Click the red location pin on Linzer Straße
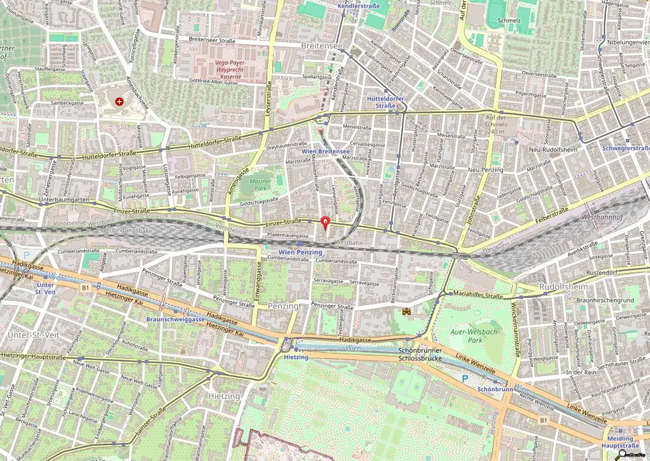pyautogui.click(x=326, y=222)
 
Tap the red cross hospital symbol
pyautogui.click(x=119, y=102)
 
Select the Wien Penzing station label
pyautogui.click(x=300, y=252)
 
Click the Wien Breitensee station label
pyautogui.click(x=326, y=151)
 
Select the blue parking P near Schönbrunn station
pyautogui.click(x=465, y=378)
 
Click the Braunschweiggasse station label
pyautogui.click(x=175, y=319)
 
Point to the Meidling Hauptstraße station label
pyautogui.click(x=620, y=442)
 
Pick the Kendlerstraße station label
pyautogui.click(x=358, y=4)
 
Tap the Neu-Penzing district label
pyautogui.click(x=485, y=170)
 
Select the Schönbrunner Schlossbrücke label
pyautogui.click(x=419, y=354)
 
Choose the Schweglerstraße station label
pyautogui.click(x=626, y=149)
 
